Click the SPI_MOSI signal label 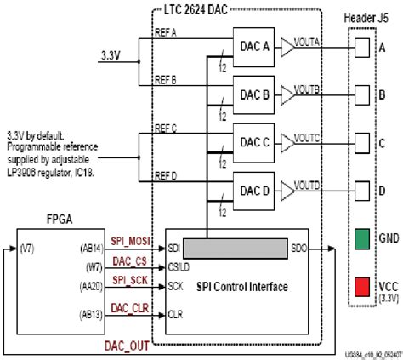130,243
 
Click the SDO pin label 299,248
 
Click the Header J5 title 367,19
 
